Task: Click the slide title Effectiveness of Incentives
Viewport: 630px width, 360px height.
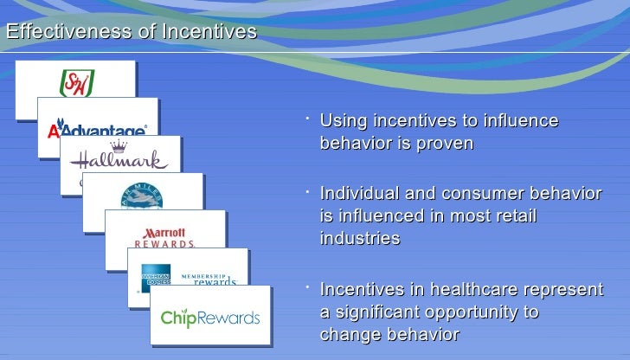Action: point(131,32)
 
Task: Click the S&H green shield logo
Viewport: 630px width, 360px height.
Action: point(75,84)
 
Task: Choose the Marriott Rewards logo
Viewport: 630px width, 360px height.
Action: point(165,237)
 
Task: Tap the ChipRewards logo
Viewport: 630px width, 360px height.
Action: point(209,318)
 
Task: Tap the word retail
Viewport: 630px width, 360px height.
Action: point(515,215)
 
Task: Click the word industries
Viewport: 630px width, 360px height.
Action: point(360,238)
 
